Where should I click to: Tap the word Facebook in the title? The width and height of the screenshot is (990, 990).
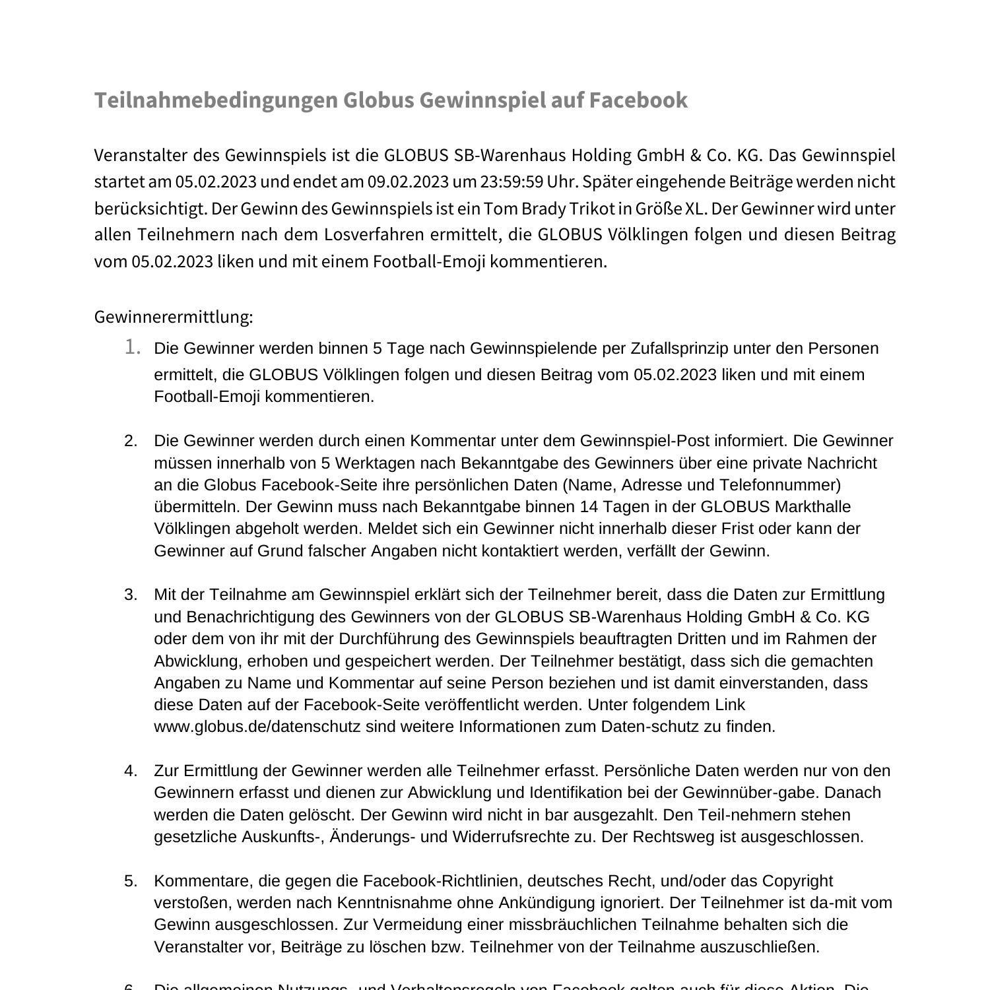pos(638,100)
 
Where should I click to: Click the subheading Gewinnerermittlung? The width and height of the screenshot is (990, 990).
pos(174,317)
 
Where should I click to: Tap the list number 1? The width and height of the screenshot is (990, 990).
pos(132,347)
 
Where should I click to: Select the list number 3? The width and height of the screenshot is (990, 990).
pos(131,595)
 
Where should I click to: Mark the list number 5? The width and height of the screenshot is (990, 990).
pos(131,881)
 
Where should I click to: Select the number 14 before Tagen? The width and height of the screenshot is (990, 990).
pos(589,507)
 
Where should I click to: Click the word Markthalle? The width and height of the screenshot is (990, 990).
pos(812,507)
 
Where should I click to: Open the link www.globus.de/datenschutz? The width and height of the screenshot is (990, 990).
pos(257,727)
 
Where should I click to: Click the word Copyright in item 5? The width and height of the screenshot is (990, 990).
pos(797,881)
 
